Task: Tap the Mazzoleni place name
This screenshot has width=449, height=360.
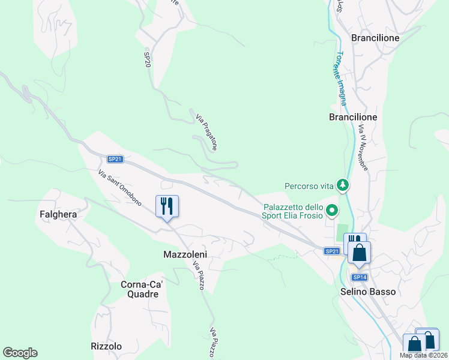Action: point(185,254)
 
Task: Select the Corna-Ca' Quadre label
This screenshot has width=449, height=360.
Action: point(139,289)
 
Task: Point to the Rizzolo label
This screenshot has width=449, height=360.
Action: point(106,346)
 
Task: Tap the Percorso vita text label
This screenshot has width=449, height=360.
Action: point(309,186)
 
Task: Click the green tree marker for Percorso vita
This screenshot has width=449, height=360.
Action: point(343,185)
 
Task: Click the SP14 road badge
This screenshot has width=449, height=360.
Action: point(359,277)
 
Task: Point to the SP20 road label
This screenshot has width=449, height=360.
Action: point(147,59)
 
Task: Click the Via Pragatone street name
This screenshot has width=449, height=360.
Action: point(206,130)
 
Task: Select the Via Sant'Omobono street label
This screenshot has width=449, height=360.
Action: point(119,188)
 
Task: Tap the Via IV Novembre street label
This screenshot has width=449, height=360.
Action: point(363,148)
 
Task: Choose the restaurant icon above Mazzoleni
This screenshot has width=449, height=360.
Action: point(167,206)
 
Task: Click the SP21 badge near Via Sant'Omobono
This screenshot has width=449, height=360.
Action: point(115,159)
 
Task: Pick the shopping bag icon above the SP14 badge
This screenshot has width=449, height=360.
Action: point(359,253)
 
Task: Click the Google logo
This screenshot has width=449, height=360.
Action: point(20,353)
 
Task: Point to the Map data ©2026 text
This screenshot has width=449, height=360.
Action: point(423,355)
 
